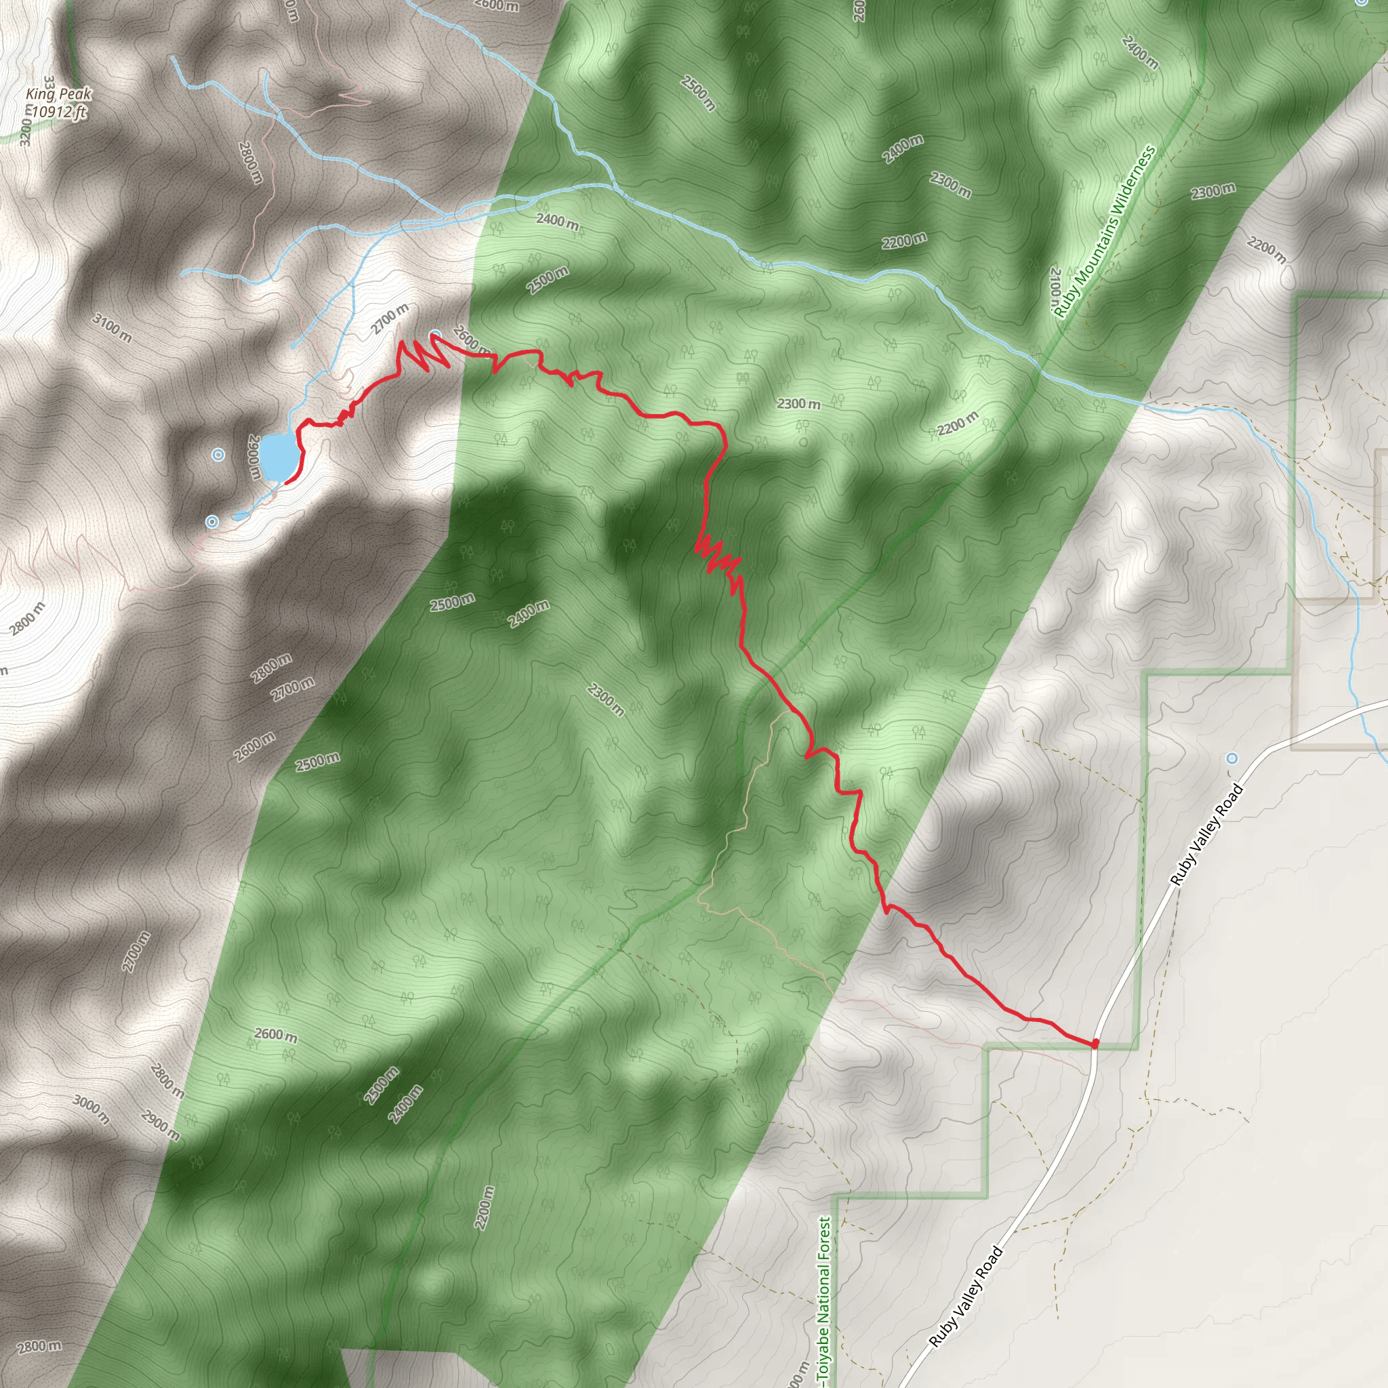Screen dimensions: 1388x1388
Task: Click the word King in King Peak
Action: click(40, 94)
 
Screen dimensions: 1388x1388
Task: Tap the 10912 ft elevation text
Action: click(59, 112)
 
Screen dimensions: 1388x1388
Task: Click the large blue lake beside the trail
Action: click(277, 455)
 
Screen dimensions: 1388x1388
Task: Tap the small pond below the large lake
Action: click(240, 516)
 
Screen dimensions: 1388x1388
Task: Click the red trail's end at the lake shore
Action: click(287, 482)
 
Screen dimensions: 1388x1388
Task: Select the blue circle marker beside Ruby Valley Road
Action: click(1232, 758)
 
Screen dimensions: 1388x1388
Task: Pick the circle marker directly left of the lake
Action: click(218, 455)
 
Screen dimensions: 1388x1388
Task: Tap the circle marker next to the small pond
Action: click(212, 522)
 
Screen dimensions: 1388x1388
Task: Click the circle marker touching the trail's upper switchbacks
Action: click(435, 335)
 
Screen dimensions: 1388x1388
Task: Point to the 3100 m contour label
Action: click(111, 327)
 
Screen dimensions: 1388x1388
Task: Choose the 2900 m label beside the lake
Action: click(254, 457)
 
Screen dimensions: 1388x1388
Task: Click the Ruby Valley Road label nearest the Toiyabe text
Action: click(966, 1297)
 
